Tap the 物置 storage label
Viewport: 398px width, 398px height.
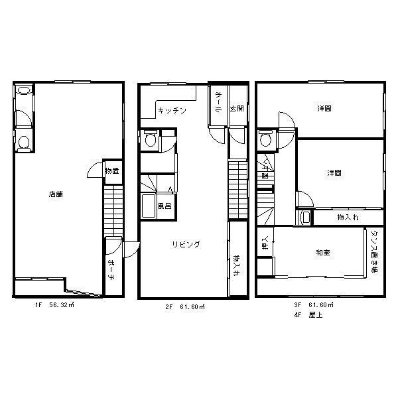[111, 171]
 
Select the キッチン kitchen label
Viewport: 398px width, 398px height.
[172, 109]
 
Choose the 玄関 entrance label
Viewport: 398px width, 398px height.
[236, 109]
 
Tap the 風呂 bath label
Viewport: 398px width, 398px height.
[165, 205]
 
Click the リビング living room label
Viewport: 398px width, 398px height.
[186, 244]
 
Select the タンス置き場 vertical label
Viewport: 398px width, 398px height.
[374, 252]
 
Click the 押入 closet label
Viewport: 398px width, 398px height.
[264, 244]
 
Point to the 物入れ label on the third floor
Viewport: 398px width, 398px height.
[348, 217]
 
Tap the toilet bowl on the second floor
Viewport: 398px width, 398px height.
[151, 139]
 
